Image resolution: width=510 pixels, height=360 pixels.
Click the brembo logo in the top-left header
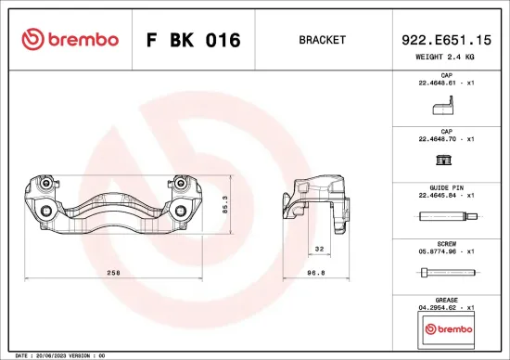[70, 40]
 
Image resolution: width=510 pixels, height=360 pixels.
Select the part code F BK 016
[194, 41]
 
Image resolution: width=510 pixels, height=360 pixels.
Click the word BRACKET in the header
[322, 41]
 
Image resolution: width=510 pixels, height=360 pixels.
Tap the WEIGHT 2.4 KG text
[445, 57]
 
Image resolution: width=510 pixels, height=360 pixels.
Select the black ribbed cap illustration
[444, 161]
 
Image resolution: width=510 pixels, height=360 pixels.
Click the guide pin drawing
[447, 218]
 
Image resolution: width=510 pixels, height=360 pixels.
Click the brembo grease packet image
[446, 328]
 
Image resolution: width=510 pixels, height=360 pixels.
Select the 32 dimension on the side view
[318, 248]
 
